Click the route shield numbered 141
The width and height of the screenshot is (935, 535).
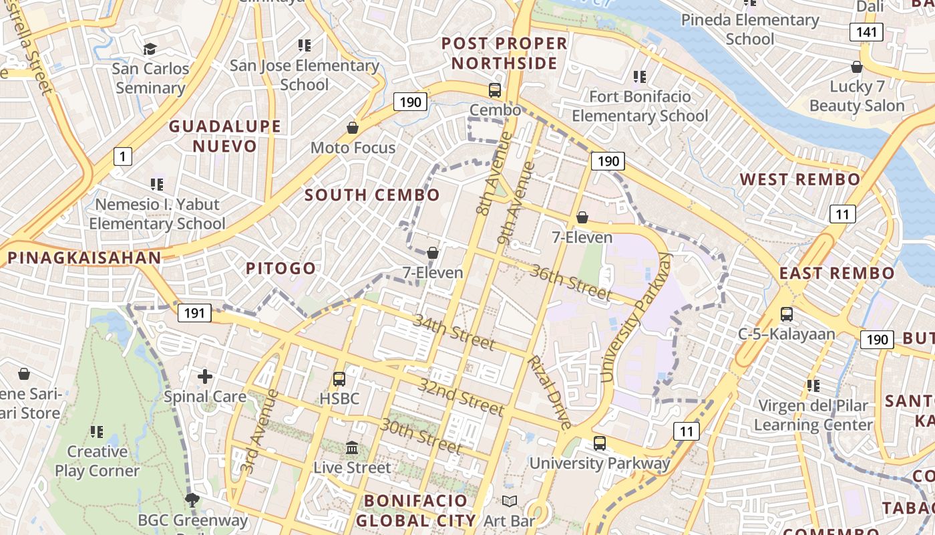pos(866,32)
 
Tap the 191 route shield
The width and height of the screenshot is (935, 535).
pos(194,313)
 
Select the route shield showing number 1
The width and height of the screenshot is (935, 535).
pos(122,157)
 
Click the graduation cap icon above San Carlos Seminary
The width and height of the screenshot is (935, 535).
pos(150,49)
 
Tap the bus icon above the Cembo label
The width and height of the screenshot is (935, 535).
pos(495,90)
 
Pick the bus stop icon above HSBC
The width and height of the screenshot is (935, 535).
pos(339,379)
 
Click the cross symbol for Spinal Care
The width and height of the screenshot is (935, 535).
pos(205,377)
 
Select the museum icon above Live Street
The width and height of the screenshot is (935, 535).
pos(352,447)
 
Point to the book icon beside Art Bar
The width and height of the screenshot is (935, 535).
pos(510,501)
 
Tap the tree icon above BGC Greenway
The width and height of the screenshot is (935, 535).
pos(192,500)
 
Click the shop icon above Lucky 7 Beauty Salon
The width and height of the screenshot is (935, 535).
pos(857,67)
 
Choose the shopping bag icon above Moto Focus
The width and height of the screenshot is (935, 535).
pos(353,128)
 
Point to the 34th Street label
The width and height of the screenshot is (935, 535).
pos(454,332)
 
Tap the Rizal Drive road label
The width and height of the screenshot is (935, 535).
pos(550,392)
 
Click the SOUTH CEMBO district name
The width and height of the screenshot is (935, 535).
pos(372,195)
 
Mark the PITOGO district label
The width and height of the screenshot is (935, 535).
pos(280,269)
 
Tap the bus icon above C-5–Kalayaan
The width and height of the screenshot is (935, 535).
pos(787,314)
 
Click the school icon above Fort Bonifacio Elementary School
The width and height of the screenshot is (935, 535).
pos(640,77)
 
